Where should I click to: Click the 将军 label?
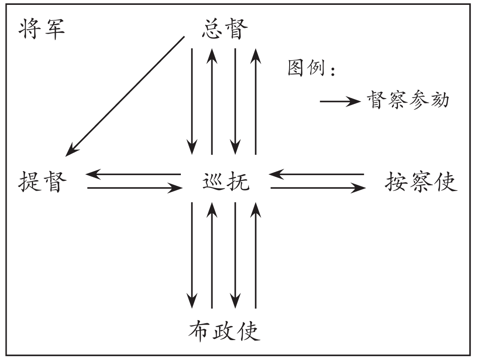(x=42, y=31)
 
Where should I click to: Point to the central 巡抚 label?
(x=225, y=182)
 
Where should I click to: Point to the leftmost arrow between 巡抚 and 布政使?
(x=192, y=254)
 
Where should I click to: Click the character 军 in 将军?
(x=54, y=31)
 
